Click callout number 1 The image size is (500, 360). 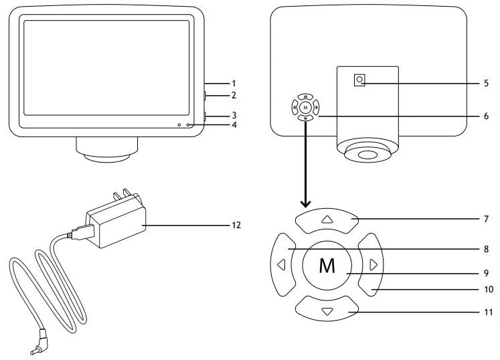coord(234,83)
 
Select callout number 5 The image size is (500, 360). coord(486,84)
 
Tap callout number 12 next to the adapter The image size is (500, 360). coord(236,226)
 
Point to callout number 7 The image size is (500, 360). coord(486,219)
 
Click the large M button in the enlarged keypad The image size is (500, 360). coord(327,265)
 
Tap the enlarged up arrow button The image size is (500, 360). coord(327,219)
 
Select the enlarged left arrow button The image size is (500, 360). coord(282,264)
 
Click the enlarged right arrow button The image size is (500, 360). coord(372,265)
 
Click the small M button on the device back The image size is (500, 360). coord(305,107)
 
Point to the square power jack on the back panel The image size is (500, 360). coord(360,80)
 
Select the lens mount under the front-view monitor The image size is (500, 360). coord(107,149)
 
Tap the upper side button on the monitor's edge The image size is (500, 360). coord(205,96)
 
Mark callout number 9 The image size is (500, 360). coord(486,273)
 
